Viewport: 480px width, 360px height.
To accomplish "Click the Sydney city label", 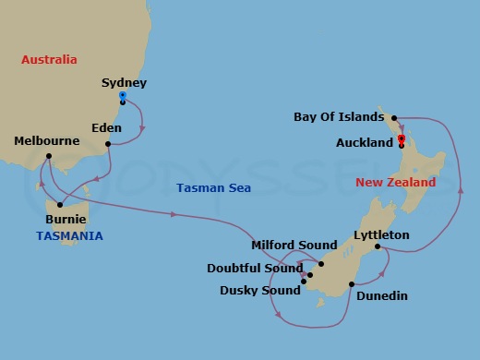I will (x=124, y=83).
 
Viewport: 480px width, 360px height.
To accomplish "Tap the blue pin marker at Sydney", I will (x=123, y=95).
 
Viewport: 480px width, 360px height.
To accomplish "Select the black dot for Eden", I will (x=109, y=143).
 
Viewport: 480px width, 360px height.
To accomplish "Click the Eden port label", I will (x=107, y=128).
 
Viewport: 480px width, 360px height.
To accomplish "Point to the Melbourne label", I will (x=47, y=141).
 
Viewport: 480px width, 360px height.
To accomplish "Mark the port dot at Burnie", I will (x=60, y=205).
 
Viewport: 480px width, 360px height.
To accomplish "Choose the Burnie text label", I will (x=66, y=220).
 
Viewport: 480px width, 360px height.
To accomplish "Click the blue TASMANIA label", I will (x=69, y=235).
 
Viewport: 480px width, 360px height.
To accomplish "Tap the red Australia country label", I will (x=50, y=59).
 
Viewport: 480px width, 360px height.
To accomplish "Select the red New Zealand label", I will (x=395, y=183).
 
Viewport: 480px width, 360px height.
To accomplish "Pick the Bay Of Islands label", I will (x=338, y=117).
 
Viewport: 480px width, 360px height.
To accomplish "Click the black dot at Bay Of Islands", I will (x=394, y=118).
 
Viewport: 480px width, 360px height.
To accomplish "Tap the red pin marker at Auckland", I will (x=401, y=139).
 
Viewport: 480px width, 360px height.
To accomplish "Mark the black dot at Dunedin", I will (x=352, y=284).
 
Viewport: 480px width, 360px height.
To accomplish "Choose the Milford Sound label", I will (x=294, y=245).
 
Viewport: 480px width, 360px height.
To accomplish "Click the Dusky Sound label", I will (x=260, y=290).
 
